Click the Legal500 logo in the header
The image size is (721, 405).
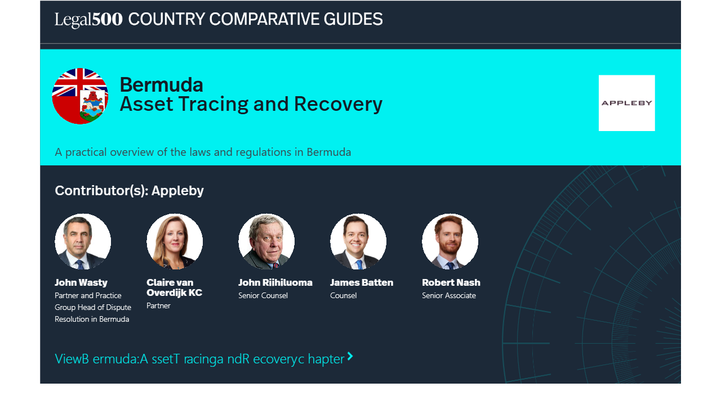click(x=88, y=19)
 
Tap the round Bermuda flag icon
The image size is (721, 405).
click(x=80, y=96)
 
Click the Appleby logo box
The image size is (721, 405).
click(x=627, y=103)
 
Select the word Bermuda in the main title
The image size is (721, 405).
click(x=161, y=85)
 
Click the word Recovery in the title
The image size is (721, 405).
click(x=338, y=104)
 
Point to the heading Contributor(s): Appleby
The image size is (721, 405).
click(x=129, y=191)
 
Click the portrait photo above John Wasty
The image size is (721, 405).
click(x=83, y=241)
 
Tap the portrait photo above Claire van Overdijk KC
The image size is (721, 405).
click(x=175, y=241)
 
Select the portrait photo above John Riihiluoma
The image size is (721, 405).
click(x=266, y=241)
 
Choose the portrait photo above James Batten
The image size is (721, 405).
click(x=358, y=241)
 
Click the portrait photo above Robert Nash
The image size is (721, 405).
click(x=450, y=241)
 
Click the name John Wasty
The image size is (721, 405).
click(x=81, y=282)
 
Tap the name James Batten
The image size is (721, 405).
click(x=362, y=282)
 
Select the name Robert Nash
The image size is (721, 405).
click(x=451, y=282)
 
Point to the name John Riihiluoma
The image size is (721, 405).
click(x=275, y=282)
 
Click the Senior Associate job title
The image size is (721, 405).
click(x=449, y=295)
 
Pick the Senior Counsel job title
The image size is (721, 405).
click(x=263, y=295)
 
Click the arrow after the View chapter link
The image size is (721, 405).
click(x=350, y=356)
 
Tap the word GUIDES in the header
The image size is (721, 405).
click(x=353, y=19)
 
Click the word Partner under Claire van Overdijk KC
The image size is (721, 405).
click(x=158, y=305)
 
